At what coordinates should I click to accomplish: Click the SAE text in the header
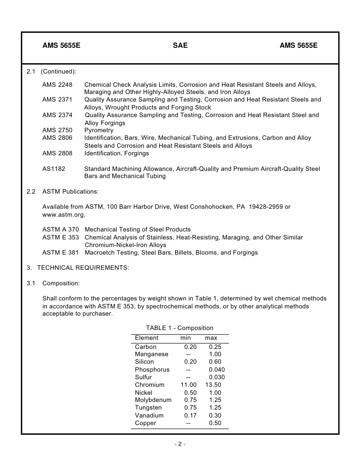click(180, 45)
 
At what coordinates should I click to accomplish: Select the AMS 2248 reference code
click(57, 84)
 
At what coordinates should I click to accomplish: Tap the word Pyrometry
click(99, 130)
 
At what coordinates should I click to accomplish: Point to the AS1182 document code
click(53, 169)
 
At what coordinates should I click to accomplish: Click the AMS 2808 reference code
click(57, 153)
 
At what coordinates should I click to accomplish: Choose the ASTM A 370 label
click(61, 230)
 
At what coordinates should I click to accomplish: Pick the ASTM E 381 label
click(61, 253)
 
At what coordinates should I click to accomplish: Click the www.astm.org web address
click(64, 215)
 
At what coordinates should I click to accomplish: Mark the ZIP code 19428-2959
click(265, 207)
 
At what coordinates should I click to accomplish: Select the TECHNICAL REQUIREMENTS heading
click(83, 268)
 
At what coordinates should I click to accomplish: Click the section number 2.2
click(31, 192)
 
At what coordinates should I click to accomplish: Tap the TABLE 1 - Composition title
click(180, 328)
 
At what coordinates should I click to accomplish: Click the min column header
click(186, 338)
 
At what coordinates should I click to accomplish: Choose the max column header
click(211, 338)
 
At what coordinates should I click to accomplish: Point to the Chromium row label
click(150, 385)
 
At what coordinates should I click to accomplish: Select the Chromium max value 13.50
click(213, 385)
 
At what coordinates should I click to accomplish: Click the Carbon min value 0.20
click(190, 347)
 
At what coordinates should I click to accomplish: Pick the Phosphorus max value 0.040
click(217, 370)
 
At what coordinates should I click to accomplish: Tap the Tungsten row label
click(148, 408)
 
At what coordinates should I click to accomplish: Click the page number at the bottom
click(180, 444)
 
